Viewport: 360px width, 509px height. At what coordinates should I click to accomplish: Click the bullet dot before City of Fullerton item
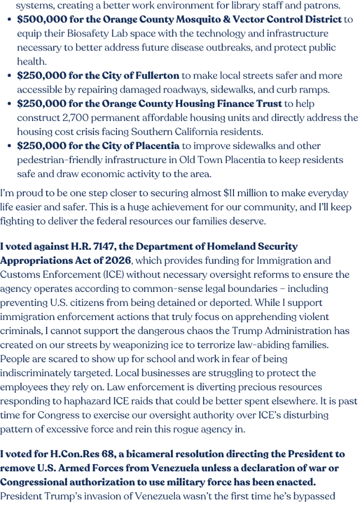[x=10, y=76]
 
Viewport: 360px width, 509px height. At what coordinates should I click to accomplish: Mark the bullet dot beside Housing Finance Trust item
[x=10, y=104]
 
